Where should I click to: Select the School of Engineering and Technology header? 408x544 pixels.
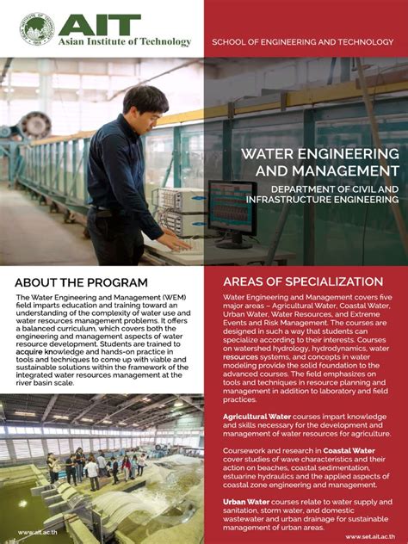point(306,41)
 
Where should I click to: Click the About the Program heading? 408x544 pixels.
point(81,282)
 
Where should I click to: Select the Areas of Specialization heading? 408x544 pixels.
point(303,281)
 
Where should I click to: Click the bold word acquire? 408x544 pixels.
point(31,352)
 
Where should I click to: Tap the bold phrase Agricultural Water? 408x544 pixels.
point(256,417)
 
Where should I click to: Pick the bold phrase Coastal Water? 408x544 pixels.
point(349,449)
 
